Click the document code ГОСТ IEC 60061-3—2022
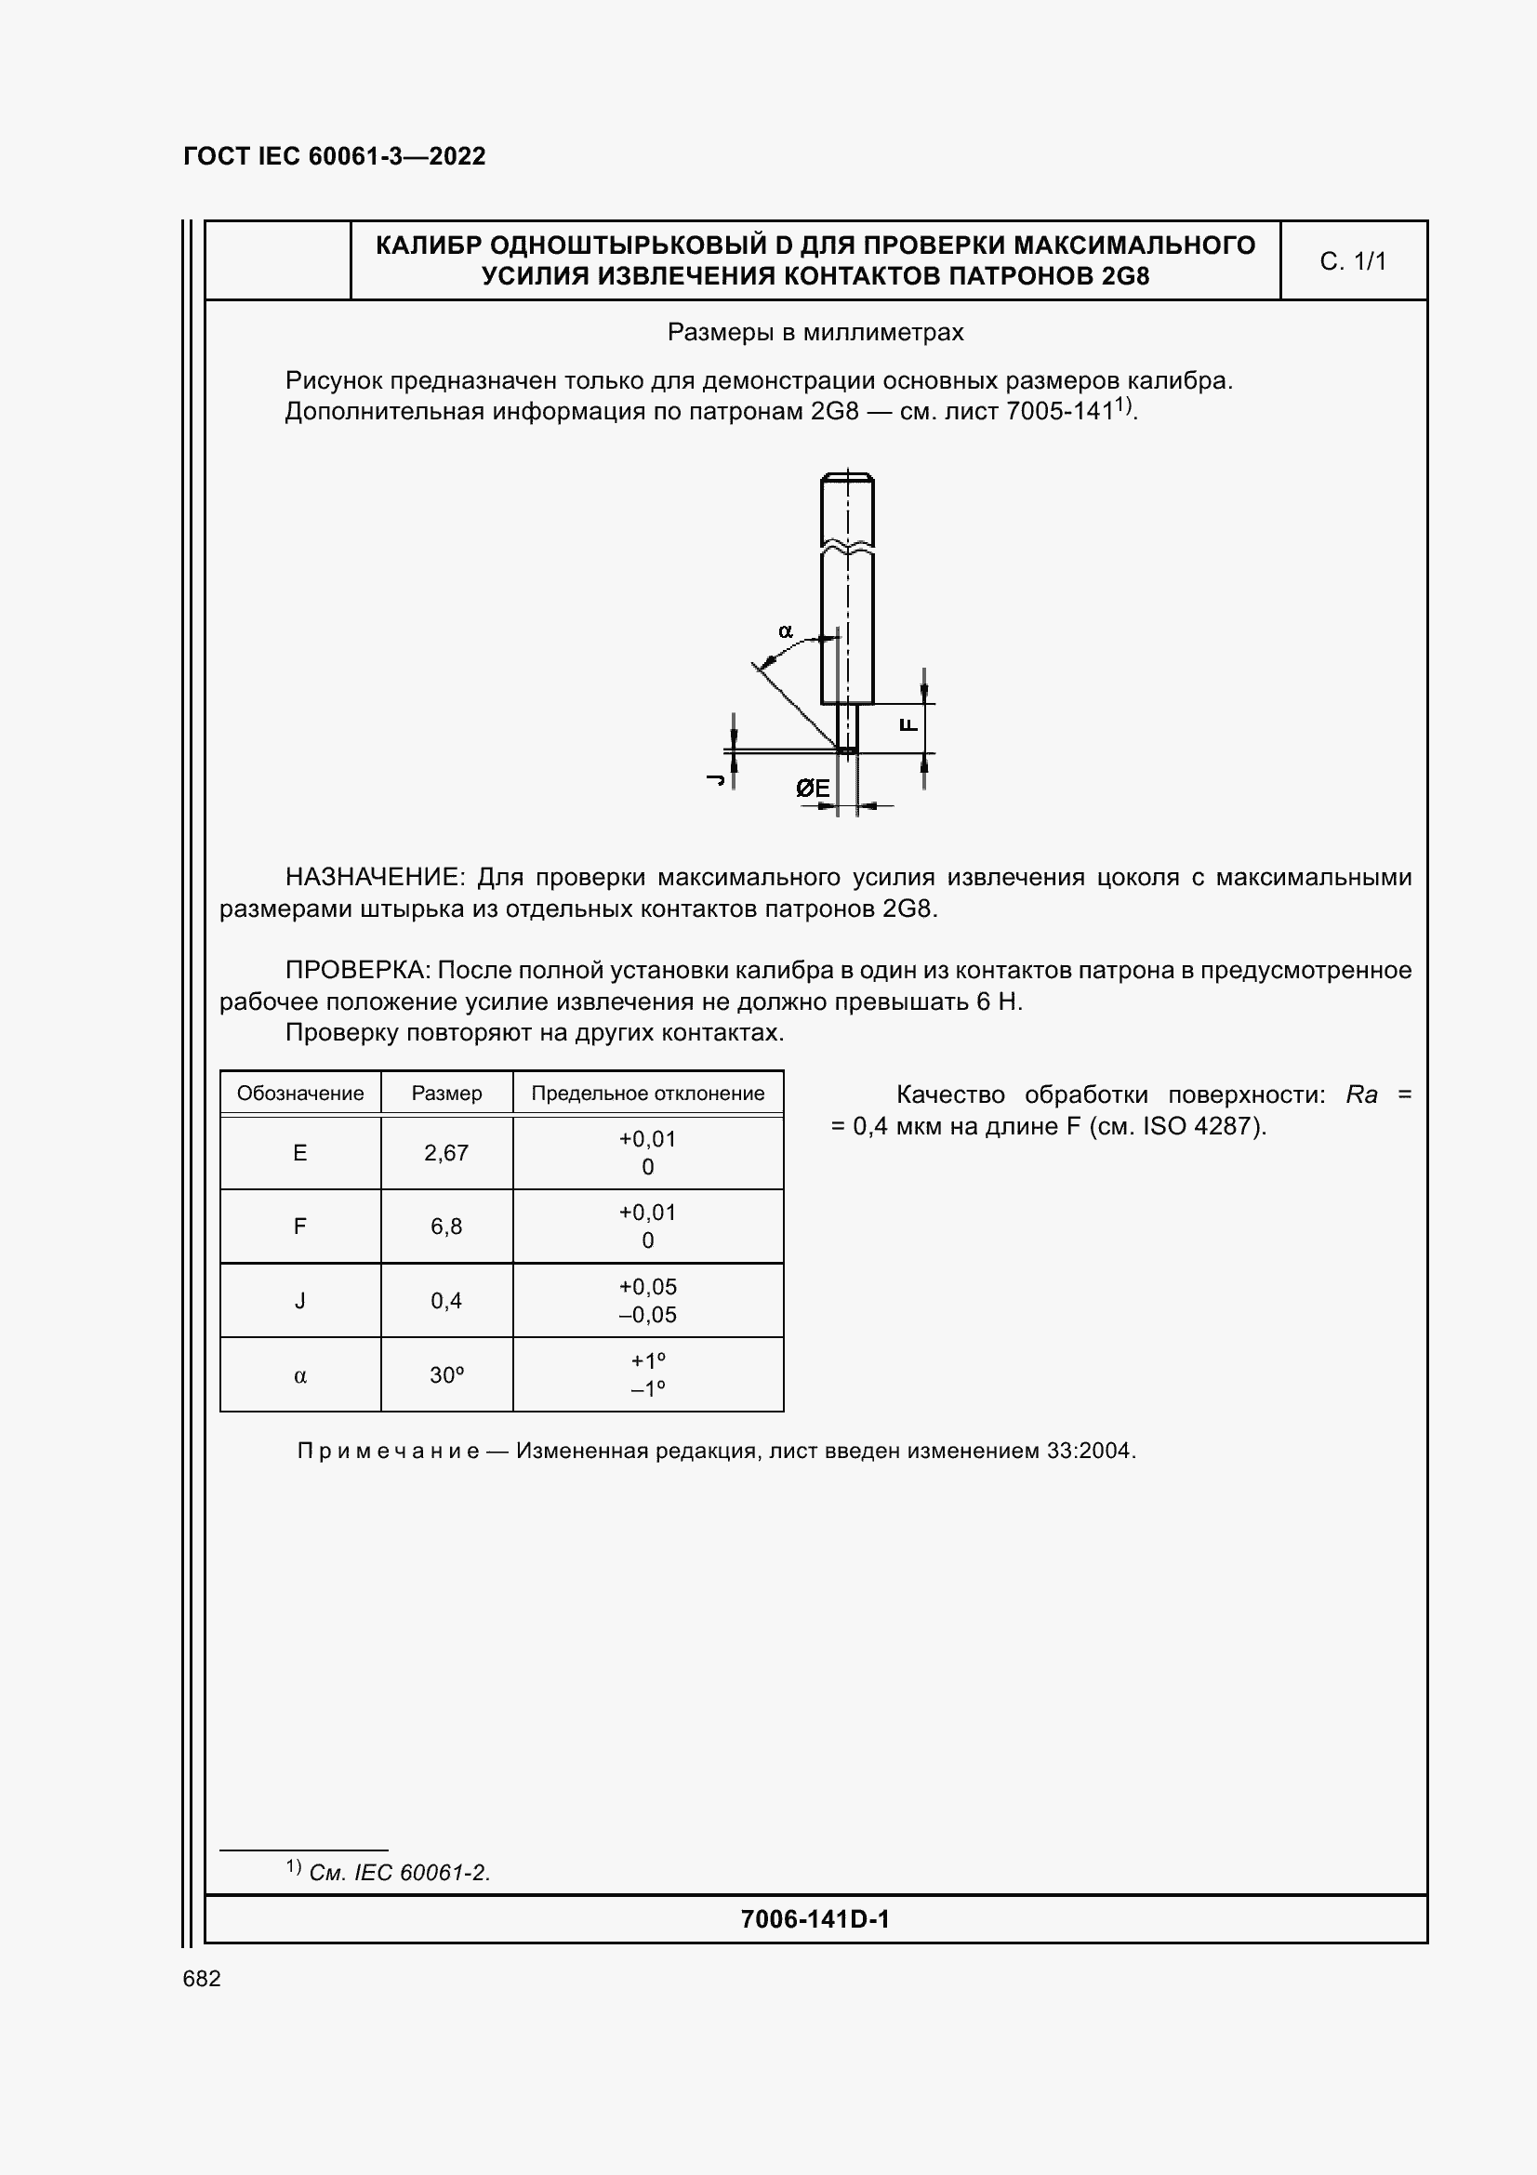pos(334,156)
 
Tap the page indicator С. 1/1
pos(1352,261)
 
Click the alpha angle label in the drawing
pos(785,630)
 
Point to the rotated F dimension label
pos(908,724)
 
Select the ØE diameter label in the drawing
pos(813,789)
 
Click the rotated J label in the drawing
pos(717,778)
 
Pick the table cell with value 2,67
pos(446,1153)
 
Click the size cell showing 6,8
pos(446,1227)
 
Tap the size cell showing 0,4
pos(446,1301)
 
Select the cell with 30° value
pos(446,1374)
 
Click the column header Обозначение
pos(300,1094)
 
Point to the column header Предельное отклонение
pos(648,1094)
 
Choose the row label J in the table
pos(300,1301)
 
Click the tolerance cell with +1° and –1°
pos(648,1374)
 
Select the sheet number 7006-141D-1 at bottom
pos(815,1919)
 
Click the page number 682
pos(202,1979)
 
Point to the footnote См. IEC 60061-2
pos(399,1873)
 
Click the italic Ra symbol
pos(1361,1095)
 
